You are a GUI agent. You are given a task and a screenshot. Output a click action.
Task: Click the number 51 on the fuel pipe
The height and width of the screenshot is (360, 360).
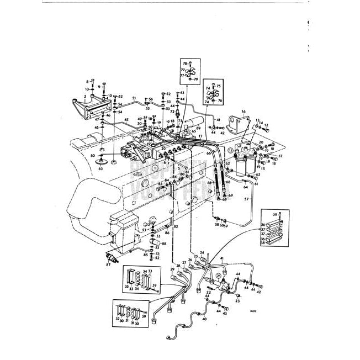(x=134, y=98)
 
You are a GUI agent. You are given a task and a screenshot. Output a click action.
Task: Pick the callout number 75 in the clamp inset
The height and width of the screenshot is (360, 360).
(x=218, y=86)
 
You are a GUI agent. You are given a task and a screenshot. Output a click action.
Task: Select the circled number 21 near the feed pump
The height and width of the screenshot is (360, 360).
(x=218, y=276)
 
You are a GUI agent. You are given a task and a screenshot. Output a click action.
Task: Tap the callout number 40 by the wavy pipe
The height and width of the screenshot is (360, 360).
(x=205, y=319)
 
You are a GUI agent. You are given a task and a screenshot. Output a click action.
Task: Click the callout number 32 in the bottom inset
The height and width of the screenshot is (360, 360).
(x=117, y=319)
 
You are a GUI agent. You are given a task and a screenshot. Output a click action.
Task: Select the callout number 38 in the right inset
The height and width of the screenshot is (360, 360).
(x=263, y=242)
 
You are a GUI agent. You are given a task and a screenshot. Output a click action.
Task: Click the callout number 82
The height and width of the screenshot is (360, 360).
(x=176, y=227)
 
